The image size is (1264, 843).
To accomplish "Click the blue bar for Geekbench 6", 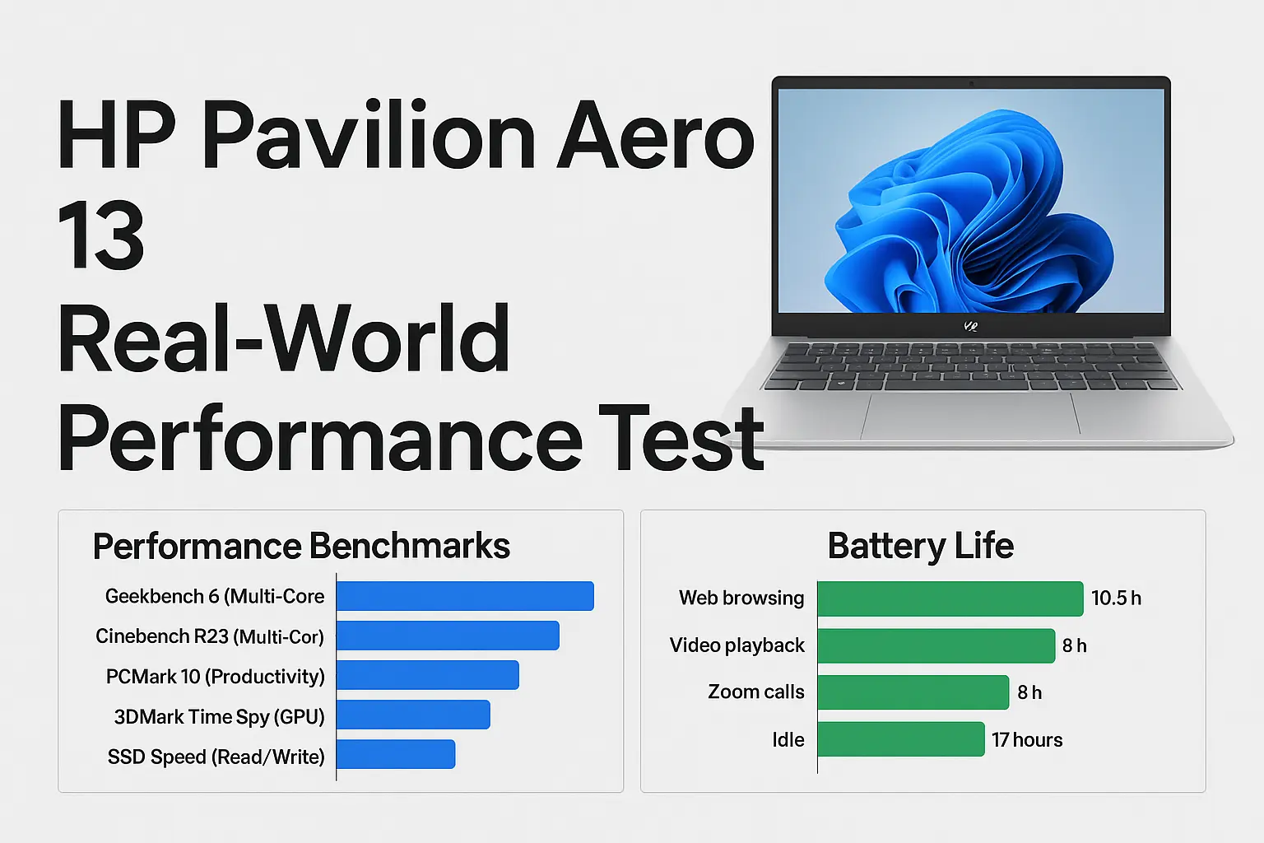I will click(x=465, y=596).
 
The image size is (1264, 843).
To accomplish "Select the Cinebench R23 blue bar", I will click(x=448, y=636).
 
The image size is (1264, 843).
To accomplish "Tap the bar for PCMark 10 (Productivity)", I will click(x=428, y=675).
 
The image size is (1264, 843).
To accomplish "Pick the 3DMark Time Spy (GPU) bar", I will click(x=413, y=715).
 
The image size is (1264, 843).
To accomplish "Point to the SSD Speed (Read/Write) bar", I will click(x=396, y=754).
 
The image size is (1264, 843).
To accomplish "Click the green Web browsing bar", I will click(x=950, y=598).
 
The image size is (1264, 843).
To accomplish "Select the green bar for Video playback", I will click(x=936, y=645).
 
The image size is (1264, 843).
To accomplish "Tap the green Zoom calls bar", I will click(x=913, y=692).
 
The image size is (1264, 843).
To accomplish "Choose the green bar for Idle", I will click(x=900, y=739).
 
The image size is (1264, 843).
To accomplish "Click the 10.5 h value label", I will click(x=1116, y=598).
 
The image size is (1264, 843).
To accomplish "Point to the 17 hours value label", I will click(x=1027, y=740).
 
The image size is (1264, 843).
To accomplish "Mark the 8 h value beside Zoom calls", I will click(x=1029, y=693).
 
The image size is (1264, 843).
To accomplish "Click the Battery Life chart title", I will click(x=920, y=547).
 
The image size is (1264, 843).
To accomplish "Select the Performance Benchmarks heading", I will click(x=301, y=547).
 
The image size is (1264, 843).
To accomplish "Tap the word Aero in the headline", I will click(x=656, y=136).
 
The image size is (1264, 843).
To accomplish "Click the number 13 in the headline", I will click(x=100, y=236).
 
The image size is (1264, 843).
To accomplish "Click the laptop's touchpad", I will click(x=970, y=414).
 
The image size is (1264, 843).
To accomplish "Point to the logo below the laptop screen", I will click(x=971, y=326).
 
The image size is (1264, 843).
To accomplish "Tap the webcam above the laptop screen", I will click(x=971, y=83).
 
